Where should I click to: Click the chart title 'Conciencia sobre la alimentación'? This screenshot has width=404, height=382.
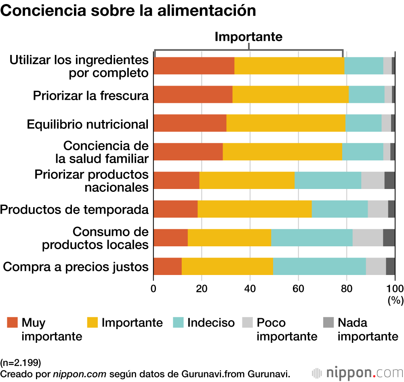tap(128, 11)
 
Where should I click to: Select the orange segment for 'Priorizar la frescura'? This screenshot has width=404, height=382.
tap(193, 94)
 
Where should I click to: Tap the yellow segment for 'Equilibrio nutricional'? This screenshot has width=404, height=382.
tap(286, 123)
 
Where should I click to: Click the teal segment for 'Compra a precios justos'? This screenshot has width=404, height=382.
tap(319, 266)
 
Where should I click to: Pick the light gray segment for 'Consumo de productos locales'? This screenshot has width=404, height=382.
tap(368, 237)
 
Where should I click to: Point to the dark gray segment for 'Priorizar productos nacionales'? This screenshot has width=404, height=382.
tap(389, 180)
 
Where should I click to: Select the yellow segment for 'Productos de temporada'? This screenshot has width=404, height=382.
tap(255, 209)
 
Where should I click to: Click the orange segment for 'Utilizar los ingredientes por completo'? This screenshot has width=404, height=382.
tap(194, 66)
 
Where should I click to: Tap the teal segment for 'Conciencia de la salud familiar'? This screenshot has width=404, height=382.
tap(362, 152)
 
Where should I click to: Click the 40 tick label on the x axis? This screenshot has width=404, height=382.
tap(250, 288)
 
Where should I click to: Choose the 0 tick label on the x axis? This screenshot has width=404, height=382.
tap(154, 288)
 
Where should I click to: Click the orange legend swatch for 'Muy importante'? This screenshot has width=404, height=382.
tap(13, 322)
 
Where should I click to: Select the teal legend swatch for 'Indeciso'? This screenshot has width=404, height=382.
tap(179, 322)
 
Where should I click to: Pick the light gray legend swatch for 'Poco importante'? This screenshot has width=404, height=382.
tap(247, 322)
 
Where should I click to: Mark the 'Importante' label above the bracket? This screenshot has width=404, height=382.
tap(248, 36)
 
